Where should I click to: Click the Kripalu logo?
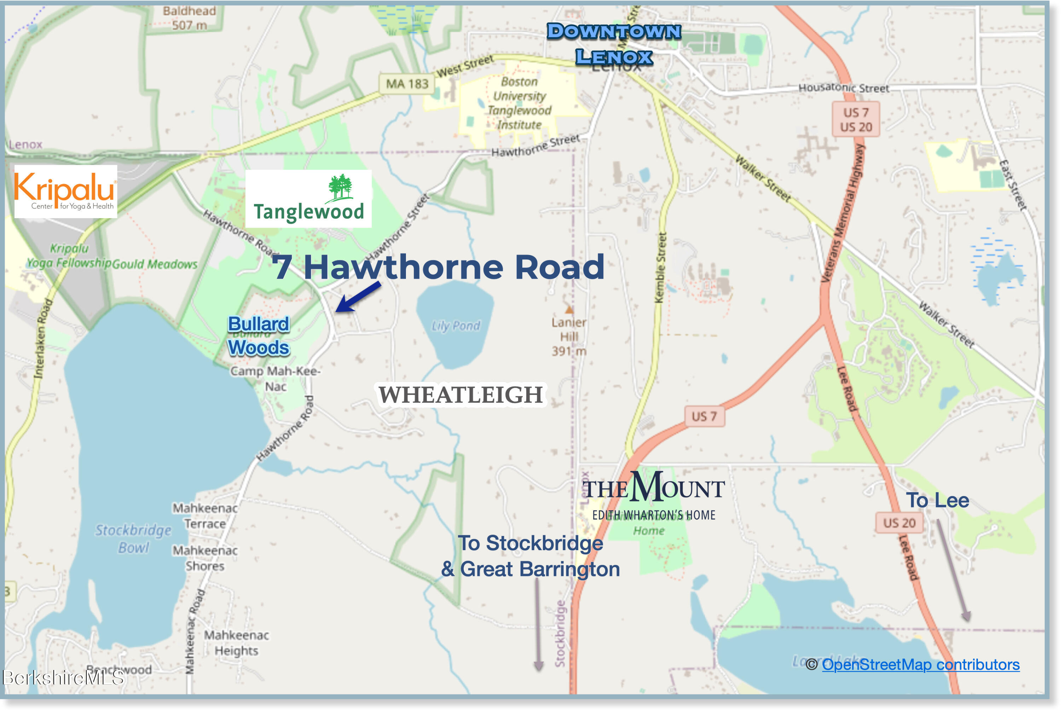tap(66, 192)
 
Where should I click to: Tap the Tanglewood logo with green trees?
tap(308, 199)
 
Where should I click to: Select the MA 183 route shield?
tap(406, 84)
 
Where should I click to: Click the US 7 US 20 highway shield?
tap(856, 120)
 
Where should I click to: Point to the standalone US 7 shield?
tap(704, 416)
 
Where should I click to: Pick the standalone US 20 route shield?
tap(899, 523)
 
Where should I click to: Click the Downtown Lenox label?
tap(614, 44)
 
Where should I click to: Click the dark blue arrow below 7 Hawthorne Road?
tap(358, 297)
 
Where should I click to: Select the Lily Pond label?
tap(456, 326)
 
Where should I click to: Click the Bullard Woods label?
tap(258, 336)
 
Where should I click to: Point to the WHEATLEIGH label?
tap(460, 394)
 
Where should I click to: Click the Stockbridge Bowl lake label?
tap(133, 539)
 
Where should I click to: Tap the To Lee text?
tap(937, 500)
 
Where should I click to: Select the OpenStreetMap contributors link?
tap(921, 664)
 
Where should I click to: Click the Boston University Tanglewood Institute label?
tap(520, 103)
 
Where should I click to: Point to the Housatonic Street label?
tap(843, 88)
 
